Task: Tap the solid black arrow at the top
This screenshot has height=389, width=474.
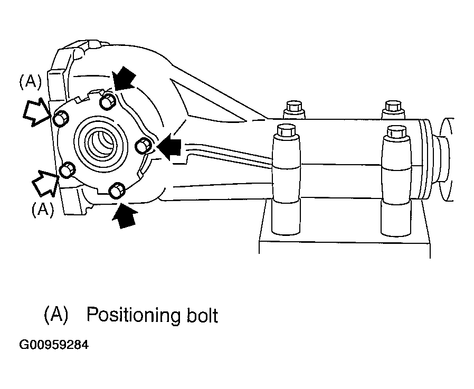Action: coord(124,79)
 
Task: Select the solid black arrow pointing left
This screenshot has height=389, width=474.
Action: coord(169,148)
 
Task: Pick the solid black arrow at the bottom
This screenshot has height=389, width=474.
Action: coord(125,215)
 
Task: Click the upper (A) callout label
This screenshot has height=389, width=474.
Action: coord(30,82)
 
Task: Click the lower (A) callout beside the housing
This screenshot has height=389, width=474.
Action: coord(43,209)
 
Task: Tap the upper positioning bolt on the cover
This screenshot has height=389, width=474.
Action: coord(61,118)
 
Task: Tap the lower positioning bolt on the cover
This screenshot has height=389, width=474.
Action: coord(68,170)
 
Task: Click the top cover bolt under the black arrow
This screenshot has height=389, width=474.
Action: coord(108,100)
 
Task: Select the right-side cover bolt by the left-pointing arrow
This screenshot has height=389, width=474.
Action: coord(143,146)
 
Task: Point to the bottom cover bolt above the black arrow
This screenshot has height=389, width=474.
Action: coord(117,191)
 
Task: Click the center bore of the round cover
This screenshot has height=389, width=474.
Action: coord(101,143)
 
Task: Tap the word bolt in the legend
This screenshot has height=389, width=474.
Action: coord(202,315)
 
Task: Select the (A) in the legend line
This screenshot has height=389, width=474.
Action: coord(56,315)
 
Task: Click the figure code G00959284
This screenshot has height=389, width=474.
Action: coord(54,345)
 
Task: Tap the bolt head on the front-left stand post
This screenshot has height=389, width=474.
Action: coord(285,130)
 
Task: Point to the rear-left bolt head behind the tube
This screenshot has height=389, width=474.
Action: coord(293,107)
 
